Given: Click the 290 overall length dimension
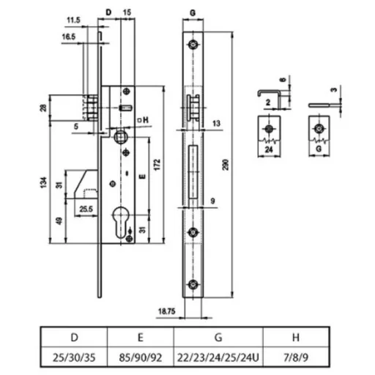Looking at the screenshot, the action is point(226,165).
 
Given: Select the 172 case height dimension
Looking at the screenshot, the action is point(157,165).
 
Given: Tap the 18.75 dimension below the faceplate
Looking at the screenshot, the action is point(167,311).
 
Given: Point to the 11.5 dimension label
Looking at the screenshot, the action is point(74,20).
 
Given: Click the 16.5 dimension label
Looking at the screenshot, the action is point(69,37).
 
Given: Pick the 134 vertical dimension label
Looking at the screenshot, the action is point(43,182).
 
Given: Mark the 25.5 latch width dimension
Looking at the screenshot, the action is point(86,209).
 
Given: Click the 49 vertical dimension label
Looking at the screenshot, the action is point(59,221).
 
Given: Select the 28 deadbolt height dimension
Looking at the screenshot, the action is point(43,108).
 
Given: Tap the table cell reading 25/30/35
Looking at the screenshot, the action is point(74,357).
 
